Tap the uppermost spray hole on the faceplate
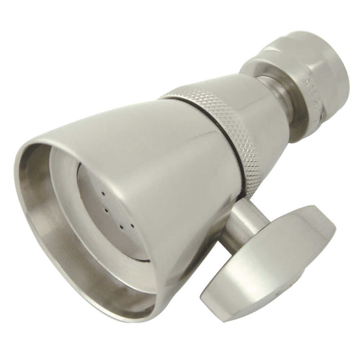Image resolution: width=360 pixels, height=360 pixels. click(x=103, y=194)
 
